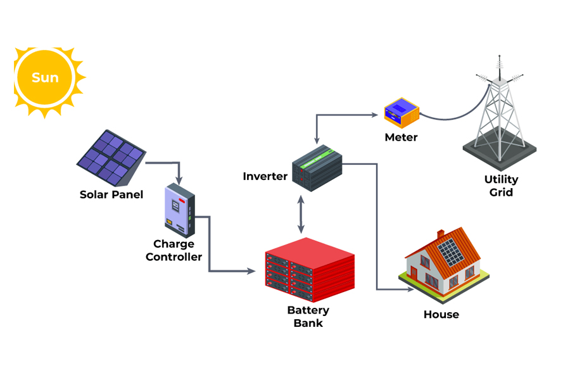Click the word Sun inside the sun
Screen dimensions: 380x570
click(45, 78)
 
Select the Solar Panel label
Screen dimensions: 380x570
click(111, 194)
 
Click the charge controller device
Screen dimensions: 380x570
click(180, 208)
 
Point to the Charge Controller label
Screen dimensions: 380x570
click(174, 250)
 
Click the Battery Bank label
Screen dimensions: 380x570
click(308, 316)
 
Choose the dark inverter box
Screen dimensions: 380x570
click(317, 168)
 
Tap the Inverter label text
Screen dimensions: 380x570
click(265, 176)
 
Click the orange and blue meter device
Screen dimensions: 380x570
click(402, 113)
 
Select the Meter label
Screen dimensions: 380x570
click(401, 137)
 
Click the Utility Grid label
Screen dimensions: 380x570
click(500, 186)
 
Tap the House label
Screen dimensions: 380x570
click(441, 314)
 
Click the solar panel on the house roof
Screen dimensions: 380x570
click(451, 252)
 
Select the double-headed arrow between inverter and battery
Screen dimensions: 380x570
click(301, 215)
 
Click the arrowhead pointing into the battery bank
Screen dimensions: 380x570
click(251, 272)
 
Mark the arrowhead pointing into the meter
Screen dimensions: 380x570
click(374, 115)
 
